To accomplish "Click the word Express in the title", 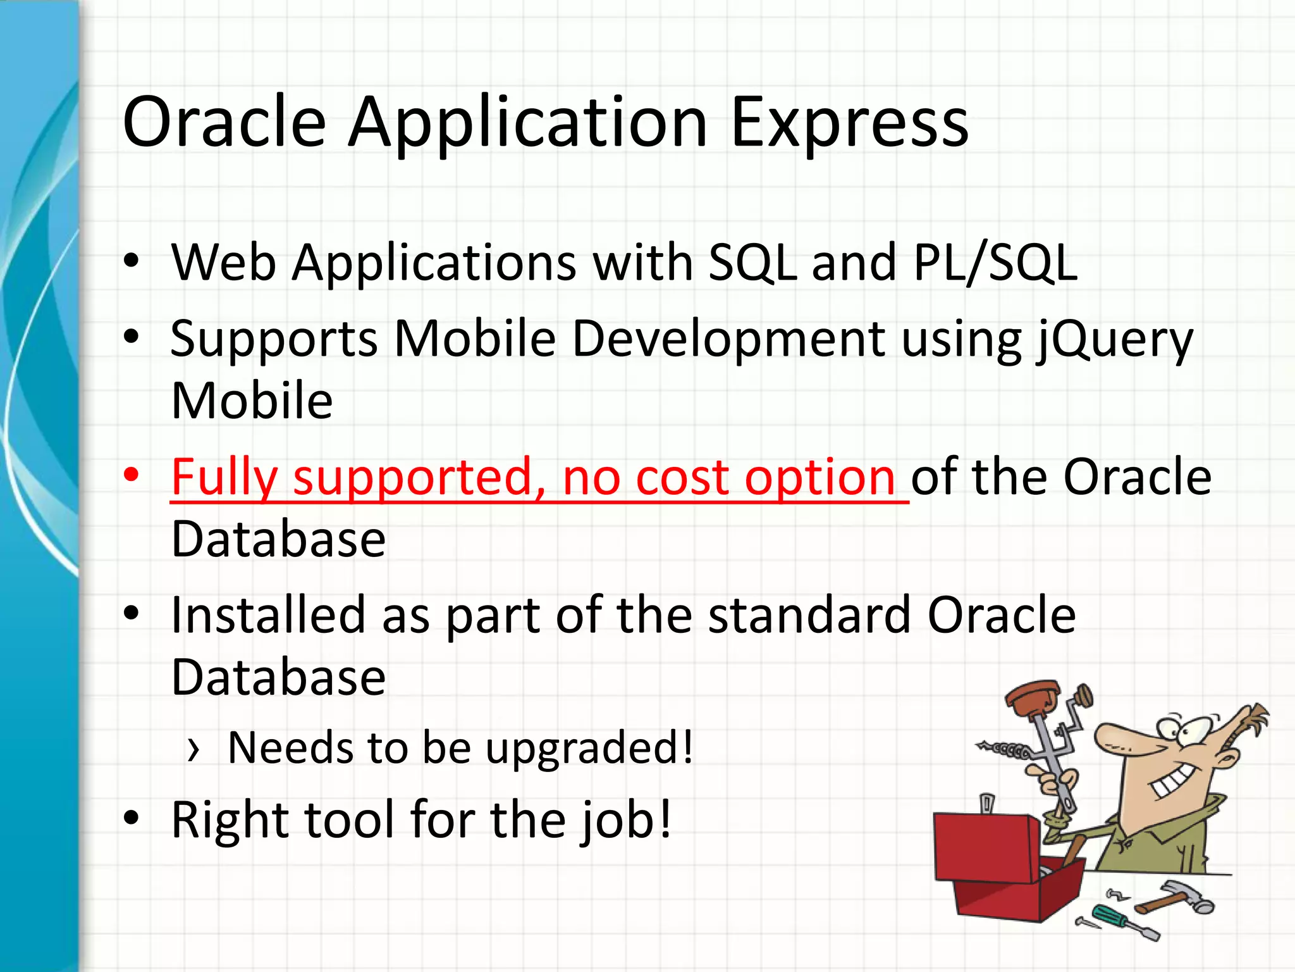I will click(849, 123).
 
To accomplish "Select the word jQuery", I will click(1113, 340).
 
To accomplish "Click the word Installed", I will click(268, 615).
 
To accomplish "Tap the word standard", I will click(809, 615).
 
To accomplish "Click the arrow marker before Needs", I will click(193, 750).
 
